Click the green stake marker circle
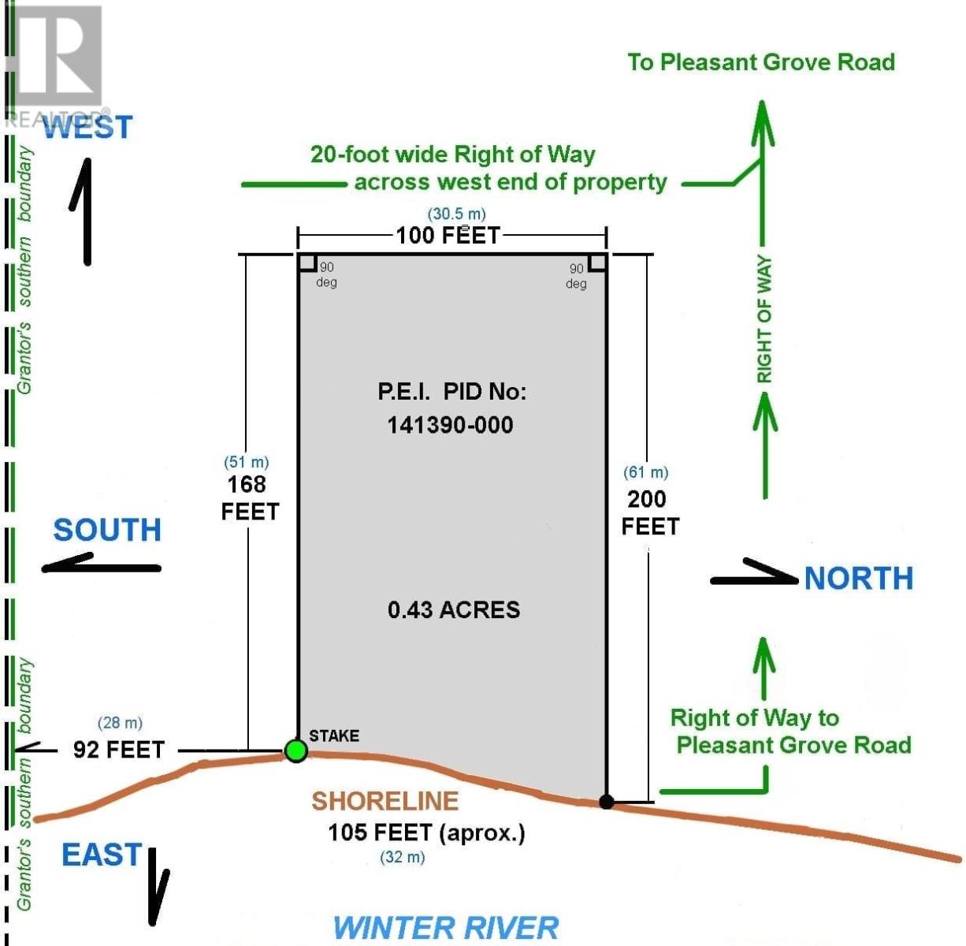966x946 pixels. (295, 750)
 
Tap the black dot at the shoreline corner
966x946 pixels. (607, 802)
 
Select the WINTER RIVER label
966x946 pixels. (446, 927)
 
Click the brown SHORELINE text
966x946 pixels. (385, 801)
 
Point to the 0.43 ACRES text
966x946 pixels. (454, 610)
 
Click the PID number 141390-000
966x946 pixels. (450, 426)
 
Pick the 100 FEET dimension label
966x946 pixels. (448, 235)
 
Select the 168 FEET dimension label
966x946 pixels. (250, 498)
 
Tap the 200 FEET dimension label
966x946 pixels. (650, 512)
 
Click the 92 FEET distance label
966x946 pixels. (119, 750)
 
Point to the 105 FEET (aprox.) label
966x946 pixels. (426, 833)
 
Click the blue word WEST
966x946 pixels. (87, 128)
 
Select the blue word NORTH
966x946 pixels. (859, 579)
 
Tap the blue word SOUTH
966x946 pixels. (107, 530)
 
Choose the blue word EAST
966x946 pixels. (102, 855)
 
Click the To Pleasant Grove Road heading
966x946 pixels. (761, 62)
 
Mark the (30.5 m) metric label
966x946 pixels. (456, 214)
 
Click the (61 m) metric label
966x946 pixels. (645, 472)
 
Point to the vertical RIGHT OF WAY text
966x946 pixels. (764, 319)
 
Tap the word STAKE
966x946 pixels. (334, 736)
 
